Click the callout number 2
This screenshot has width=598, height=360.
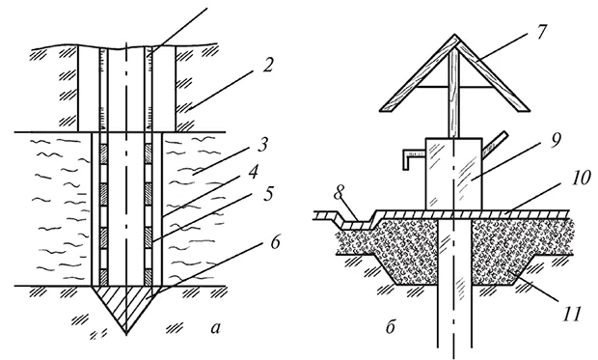pyautogui.click(x=267, y=66)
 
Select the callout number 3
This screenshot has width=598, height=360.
pyautogui.click(x=262, y=145)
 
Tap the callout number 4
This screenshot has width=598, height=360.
pyautogui.click(x=253, y=173)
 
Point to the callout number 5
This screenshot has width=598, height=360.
pyautogui.click(x=268, y=194)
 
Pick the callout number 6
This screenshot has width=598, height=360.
pyautogui.click(x=275, y=243)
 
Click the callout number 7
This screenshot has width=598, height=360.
pyautogui.click(x=540, y=33)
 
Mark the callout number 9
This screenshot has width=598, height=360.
pyautogui.click(x=555, y=142)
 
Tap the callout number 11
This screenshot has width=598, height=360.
pyautogui.click(x=571, y=314)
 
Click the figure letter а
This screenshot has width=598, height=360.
pyautogui.click(x=215, y=328)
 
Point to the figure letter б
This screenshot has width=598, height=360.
pyautogui.click(x=391, y=327)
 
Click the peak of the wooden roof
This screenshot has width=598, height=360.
pyautogui.click(x=455, y=35)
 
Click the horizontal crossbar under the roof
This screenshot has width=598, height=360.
pyautogui.click(x=454, y=87)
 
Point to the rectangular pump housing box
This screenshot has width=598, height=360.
pyautogui.click(x=454, y=174)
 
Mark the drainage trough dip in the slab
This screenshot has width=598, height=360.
pyautogui.click(x=356, y=224)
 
